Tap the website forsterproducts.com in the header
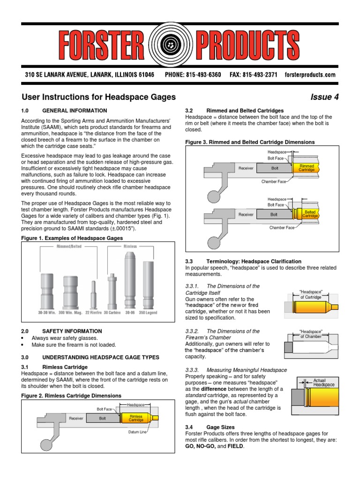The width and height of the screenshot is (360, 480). pyautogui.click(x=310, y=75)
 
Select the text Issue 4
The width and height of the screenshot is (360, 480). pyautogui.click(x=324, y=97)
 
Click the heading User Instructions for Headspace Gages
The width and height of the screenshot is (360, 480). pyautogui.click(x=98, y=97)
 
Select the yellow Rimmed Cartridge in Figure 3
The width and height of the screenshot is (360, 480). pyautogui.click(x=307, y=167)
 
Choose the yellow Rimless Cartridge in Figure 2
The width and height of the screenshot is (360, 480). pyautogui.click(x=136, y=418)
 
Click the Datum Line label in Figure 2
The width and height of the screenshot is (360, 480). pyautogui.click(x=137, y=432)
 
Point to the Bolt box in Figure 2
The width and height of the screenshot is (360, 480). pyautogui.click(x=102, y=418)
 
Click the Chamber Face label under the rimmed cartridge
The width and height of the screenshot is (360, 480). pyautogui.click(x=273, y=180)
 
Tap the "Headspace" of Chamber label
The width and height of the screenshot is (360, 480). pyautogui.click(x=311, y=334)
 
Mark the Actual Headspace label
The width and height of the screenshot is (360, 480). pyautogui.click(x=323, y=382)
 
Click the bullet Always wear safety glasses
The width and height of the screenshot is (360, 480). pyautogui.click(x=65, y=338)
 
